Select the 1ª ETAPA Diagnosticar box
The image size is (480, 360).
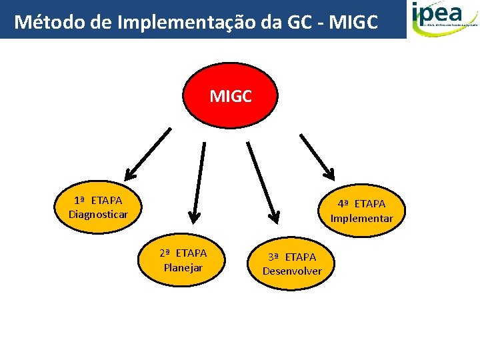[x=98, y=207]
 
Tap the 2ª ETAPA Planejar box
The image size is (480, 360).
[x=183, y=260]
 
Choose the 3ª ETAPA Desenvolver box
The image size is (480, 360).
[x=292, y=263]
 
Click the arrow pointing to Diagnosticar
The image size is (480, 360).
[x=148, y=154]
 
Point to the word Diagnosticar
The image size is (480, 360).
[x=98, y=214]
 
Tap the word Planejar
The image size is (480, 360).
[x=183, y=267]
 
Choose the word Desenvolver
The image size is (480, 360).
[x=292, y=271]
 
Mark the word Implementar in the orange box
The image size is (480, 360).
[x=362, y=218]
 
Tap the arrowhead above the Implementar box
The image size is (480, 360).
[x=329, y=173]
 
